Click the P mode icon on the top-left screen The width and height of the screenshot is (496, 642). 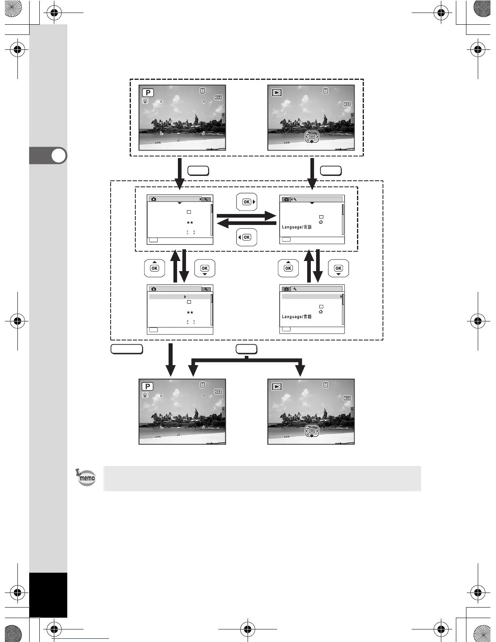click(x=148, y=92)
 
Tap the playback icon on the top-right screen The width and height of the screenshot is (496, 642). click(x=277, y=92)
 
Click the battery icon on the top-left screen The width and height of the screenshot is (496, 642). click(x=218, y=97)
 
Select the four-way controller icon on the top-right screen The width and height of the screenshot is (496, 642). click(x=312, y=137)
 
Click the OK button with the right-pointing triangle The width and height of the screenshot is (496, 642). click(x=247, y=202)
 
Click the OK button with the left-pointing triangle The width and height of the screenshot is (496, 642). click(x=246, y=237)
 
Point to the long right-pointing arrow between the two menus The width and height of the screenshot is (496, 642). click(x=246, y=216)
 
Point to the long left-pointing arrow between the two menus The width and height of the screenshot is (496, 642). click(x=246, y=223)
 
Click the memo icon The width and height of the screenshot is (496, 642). click(x=86, y=478)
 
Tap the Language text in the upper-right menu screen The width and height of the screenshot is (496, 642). click(x=297, y=227)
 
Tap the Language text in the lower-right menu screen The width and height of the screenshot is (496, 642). click(x=297, y=317)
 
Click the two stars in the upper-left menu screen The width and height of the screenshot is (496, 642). click(x=190, y=223)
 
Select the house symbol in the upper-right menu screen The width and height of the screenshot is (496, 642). click(x=321, y=222)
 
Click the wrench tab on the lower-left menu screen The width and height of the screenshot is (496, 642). click(x=206, y=289)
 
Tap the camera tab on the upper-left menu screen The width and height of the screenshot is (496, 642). click(x=154, y=199)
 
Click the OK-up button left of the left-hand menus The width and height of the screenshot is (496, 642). click(x=154, y=268)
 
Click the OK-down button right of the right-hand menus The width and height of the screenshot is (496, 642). click(x=338, y=268)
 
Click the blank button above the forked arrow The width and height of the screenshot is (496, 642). click(x=246, y=349)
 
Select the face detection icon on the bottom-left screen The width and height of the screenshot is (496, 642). click(x=145, y=394)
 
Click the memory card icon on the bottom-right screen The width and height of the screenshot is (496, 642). click(x=325, y=385)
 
